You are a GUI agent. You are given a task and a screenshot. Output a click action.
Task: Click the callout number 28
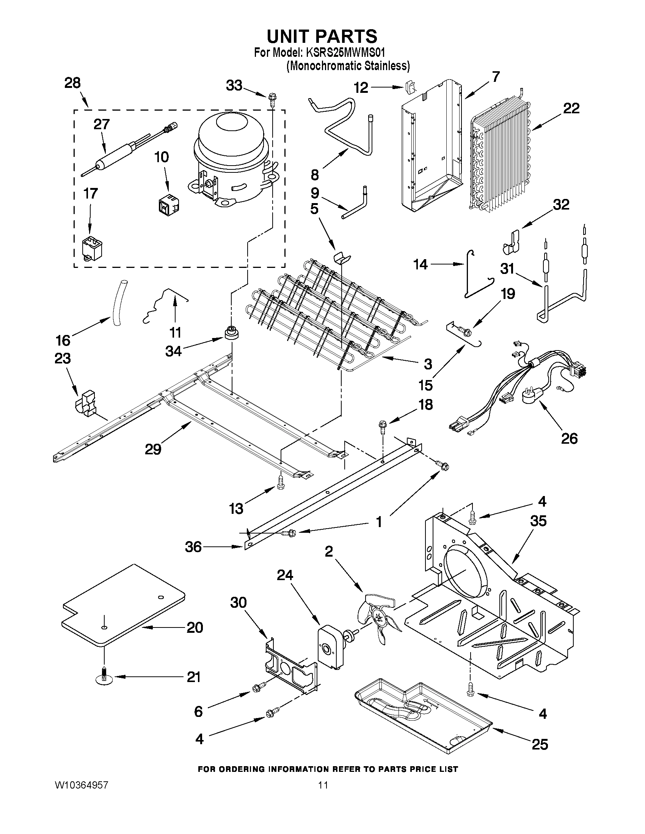pyautogui.click(x=72, y=83)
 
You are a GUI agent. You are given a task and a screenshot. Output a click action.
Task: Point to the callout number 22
pyautogui.click(x=571, y=108)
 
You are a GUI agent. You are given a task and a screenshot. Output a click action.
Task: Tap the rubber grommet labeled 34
pyautogui.click(x=232, y=333)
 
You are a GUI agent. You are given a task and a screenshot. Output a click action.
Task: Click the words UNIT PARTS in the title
pyautogui.click(x=322, y=36)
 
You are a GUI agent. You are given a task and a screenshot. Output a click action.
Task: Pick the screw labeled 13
pyautogui.click(x=281, y=482)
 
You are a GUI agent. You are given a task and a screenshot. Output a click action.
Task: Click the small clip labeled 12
pyautogui.click(x=408, y=88)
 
